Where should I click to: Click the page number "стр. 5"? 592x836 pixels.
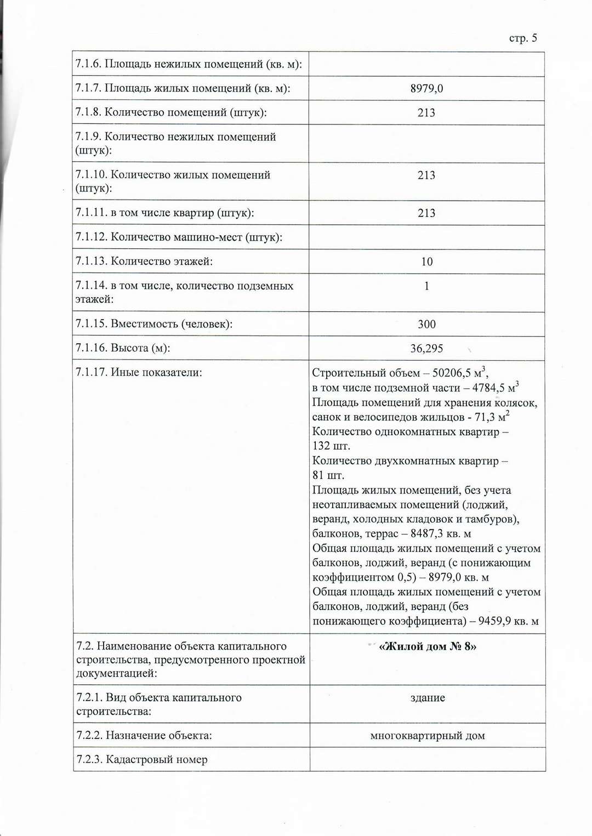tap(523, 38)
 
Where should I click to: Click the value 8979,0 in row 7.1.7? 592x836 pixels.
tap(426, 88)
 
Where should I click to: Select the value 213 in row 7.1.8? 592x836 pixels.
tap(426, 113)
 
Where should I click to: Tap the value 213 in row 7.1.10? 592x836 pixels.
tap(426, 175)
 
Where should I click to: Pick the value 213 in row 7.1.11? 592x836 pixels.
tap(426, 213)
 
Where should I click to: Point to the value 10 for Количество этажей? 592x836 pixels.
tap(427, 262)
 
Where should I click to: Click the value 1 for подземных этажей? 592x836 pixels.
tap(426, 286)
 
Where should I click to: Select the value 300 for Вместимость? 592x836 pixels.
tap(426, 324)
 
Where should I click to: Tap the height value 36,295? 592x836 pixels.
tap(426, 349)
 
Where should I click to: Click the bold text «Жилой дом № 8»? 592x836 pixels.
tap(428, 647)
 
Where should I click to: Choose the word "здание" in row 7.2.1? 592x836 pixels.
tap(428, 698)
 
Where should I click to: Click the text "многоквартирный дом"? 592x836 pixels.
tap(428, 736)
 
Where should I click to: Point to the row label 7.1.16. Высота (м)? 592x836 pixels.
tap(123, 348)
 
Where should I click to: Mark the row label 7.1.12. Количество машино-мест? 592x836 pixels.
tap(179, 237)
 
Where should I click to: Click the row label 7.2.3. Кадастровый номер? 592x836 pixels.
tap(142, 760)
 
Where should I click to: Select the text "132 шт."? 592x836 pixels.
tap(331, 446)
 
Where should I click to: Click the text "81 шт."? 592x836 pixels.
tap(328, 475)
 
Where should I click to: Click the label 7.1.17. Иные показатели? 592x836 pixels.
tap(139, 373)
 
